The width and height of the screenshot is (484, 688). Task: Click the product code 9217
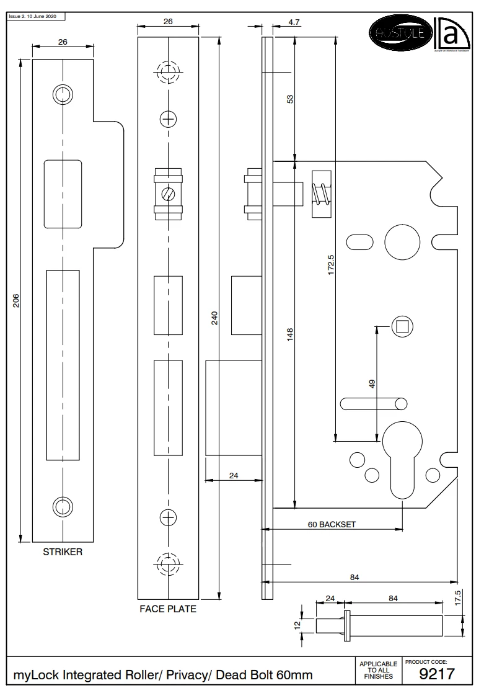point(437,674)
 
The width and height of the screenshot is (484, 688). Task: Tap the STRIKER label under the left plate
point(63,552)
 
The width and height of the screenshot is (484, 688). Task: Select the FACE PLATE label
point(168,609)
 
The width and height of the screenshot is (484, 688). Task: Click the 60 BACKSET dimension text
point(332,524)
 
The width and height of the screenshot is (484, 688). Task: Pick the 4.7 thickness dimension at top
point(294,22)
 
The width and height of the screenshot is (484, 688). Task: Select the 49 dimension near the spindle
point(372,384)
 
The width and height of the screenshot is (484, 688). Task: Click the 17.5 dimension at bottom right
point(457,597)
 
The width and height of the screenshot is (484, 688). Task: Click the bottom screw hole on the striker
point(63,506)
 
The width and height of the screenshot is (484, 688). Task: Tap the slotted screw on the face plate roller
point(168,194)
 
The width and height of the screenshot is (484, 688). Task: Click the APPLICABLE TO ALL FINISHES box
point(378,671)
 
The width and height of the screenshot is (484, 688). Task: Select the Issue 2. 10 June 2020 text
point(32,16)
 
